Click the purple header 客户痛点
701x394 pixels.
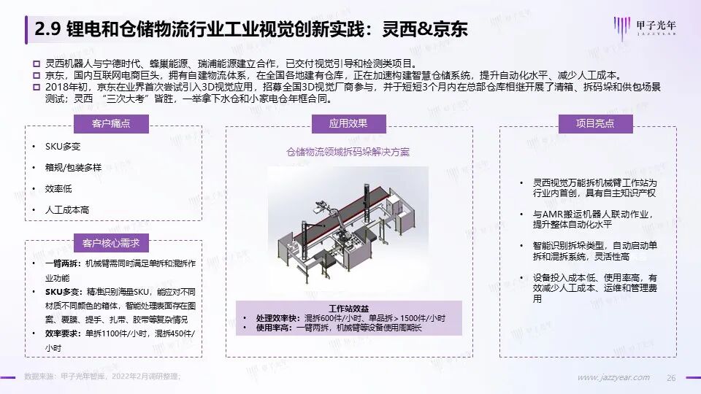[111, 124]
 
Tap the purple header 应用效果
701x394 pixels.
[348, 124]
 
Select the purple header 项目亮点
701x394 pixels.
[595, 124]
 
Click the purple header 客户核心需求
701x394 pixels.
[111, 243]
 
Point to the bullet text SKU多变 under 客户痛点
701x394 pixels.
[63, 147]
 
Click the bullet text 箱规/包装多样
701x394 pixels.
[73, 168]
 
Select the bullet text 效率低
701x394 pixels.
[58, 188]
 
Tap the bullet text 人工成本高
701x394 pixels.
[67, 209]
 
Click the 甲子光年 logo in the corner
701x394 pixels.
[645, 28]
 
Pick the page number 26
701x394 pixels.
[671, 378]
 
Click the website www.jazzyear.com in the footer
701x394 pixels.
[613, 377]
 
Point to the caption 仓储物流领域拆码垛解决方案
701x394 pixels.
[348, 152]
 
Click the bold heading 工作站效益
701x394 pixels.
[349, 309]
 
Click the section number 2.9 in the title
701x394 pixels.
[47, 29]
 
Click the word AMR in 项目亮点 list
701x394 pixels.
[553, 215]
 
